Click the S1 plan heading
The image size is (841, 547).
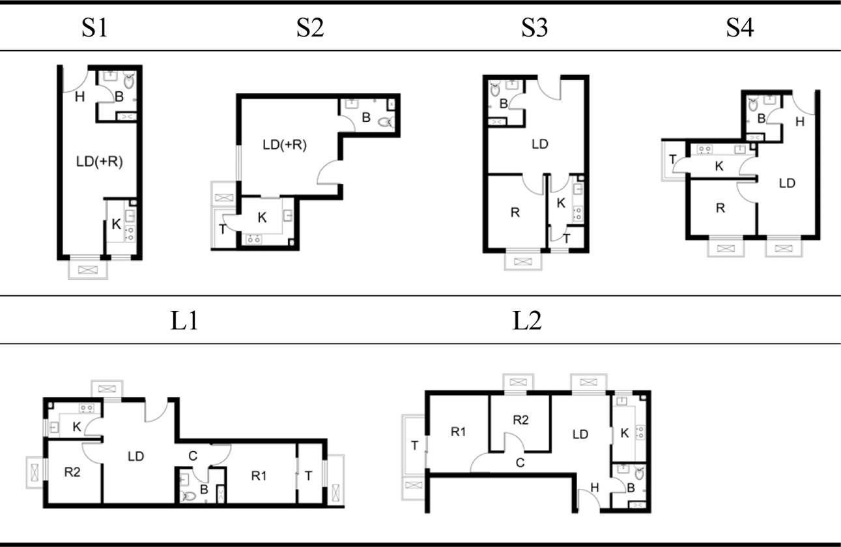coord(94,27)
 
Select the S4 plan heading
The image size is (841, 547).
coord(739,27)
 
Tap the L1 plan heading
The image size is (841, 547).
coord(184,321)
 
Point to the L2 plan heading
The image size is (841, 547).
coord(527,321)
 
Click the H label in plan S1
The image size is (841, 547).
coord(79,97)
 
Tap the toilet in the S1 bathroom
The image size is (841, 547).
coord(129,80)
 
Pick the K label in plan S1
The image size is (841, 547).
coord(117,224)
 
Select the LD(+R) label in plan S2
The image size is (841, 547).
coord(285,145)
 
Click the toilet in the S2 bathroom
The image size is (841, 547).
coord(386,122)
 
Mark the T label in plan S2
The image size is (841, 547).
coord(223,229)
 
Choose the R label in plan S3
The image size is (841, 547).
coord(515,213)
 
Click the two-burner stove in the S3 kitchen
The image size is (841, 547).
coord(578,214)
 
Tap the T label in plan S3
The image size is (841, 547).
coord(567,238)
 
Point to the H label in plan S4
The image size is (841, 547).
coord(800,122)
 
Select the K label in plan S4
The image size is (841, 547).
coord(719,166)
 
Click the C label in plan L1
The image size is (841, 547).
coord(193,456)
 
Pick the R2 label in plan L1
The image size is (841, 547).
coord(72,472)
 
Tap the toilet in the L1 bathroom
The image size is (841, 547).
coord(188,496)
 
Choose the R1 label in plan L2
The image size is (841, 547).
coord(458,432)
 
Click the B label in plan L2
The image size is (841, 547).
coord(631,488)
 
